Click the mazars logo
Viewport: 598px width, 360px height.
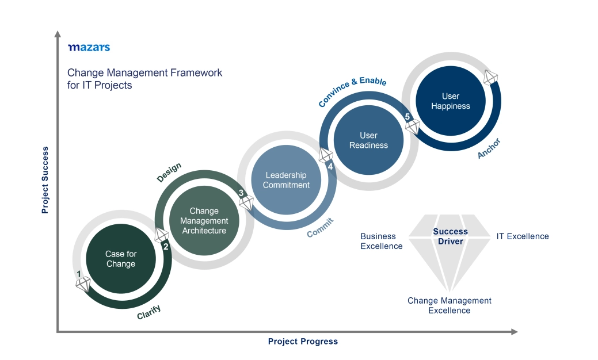(x=89, y=47)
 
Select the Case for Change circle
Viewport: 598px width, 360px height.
(x=121, y=259)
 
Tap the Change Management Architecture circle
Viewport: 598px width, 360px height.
(x=204, y=221)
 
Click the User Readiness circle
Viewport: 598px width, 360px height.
(x=368, y=140)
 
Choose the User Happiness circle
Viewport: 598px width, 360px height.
(x=451, y=101)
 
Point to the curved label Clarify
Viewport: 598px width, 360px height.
(x=148, y=312)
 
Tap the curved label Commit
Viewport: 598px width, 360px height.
(x=320, y=228)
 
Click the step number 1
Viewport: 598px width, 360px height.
(x=79, y=274)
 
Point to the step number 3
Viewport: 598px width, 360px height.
(x=241, y=193)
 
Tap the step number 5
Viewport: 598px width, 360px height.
(x=407, y=117)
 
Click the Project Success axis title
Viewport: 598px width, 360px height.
(x=45, y=180)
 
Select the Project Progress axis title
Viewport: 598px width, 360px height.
(x=303, y=342)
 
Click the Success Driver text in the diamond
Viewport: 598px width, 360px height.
(x=451, y=236)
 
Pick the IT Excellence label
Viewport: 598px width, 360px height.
(x=523, y=236)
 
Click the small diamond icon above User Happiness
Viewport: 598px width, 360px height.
(x=491, y=78)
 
